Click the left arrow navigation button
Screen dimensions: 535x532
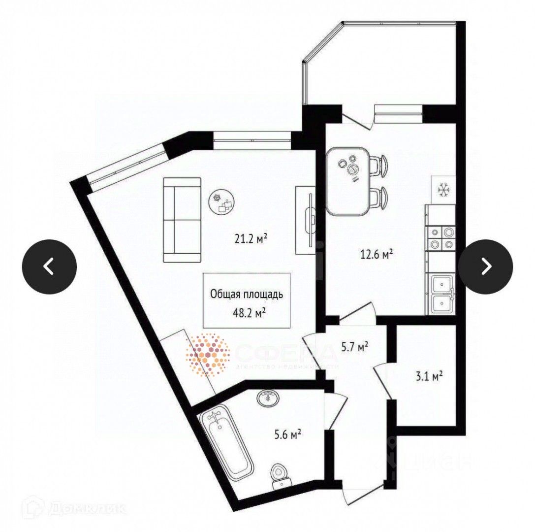(x=49, y=266)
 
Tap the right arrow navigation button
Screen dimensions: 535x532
(x=485, y=266)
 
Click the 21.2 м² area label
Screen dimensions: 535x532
(x=251, y=239)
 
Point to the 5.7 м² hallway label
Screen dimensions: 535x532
(x=355, y=347)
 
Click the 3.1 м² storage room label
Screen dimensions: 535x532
(x=428, y=377)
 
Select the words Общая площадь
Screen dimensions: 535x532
(x=246, y=295)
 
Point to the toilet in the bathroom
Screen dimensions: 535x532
(x=279, y=476)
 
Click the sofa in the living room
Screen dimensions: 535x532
(x=182, y=220)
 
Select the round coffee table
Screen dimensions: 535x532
(x=223, y=202)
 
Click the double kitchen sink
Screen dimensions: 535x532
(x=441, y=294)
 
